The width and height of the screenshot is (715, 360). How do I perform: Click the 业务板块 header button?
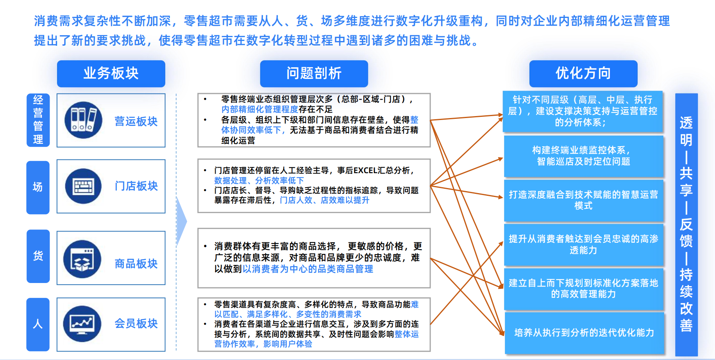pyautogui.click(x=111, y=73)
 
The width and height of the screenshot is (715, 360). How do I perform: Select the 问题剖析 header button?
pyautogui.click(x=314, y=73)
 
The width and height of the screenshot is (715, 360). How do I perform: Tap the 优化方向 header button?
pyautogui.click(x=583, y=73)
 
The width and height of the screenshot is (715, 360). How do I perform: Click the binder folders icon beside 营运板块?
pyautogui.click(x=83, y=120)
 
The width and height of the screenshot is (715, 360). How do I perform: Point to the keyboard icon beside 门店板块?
pyautogui.click(x=83, y=186)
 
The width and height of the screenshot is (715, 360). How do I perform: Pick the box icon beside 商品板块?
pyautogui.click(x=82, y=259)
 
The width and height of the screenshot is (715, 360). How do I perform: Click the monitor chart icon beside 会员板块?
pyautogui.click(x=82, y=324)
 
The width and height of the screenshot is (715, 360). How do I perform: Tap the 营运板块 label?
pyautogui.click(x=136, y=121)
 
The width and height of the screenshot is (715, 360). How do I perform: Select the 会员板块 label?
pyautogui.click(x=136, y=323)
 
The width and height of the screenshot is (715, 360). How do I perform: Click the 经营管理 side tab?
pyautogui.click(x=38, y=120)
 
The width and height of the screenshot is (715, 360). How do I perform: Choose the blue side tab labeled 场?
pyautogui.click(x=38, y=187)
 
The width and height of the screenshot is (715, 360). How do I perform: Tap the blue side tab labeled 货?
pyautogui.click(x=38, y=256)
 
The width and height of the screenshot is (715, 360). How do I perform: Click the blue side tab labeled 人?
pyautogui.click(x=38, y=324)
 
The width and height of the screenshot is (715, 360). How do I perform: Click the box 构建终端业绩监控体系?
pyautogui.click(x=583, y=156)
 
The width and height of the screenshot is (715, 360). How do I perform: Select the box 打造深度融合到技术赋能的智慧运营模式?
pyautogui.click(x=583, y=200)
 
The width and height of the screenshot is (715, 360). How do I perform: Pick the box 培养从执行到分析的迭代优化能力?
pyautogui.click(x=584, y=333)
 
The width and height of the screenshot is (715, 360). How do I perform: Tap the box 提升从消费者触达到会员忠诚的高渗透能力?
pyautogui.click(x=583, y=244)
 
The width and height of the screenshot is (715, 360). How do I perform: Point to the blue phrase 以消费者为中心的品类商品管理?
pyautogui.click(x=308, y=269)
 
